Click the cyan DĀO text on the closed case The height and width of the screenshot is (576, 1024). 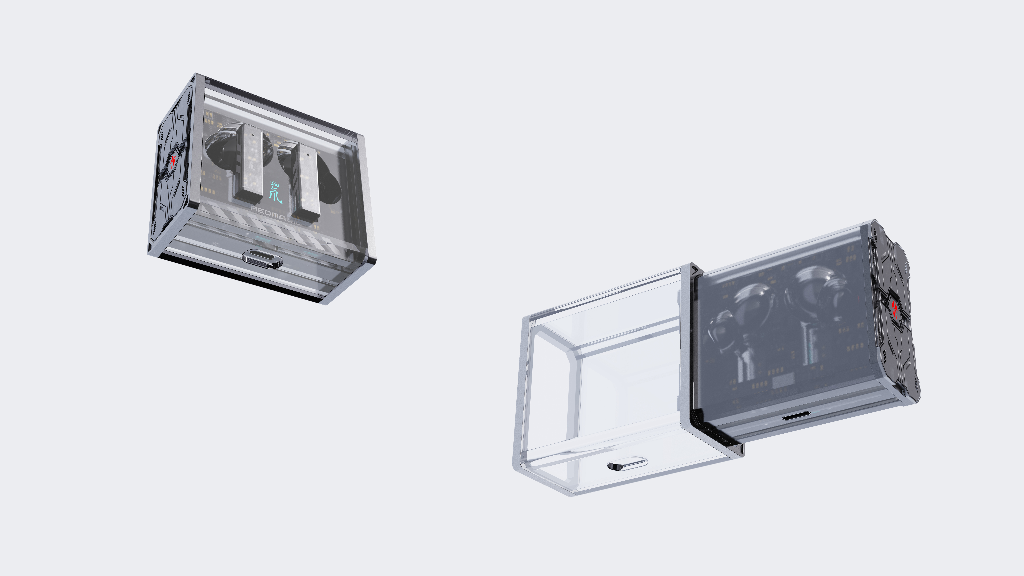pyautogui.click(x=274, y=185)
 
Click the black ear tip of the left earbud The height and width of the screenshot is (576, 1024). pyautogui.click(x=217, y=147)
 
